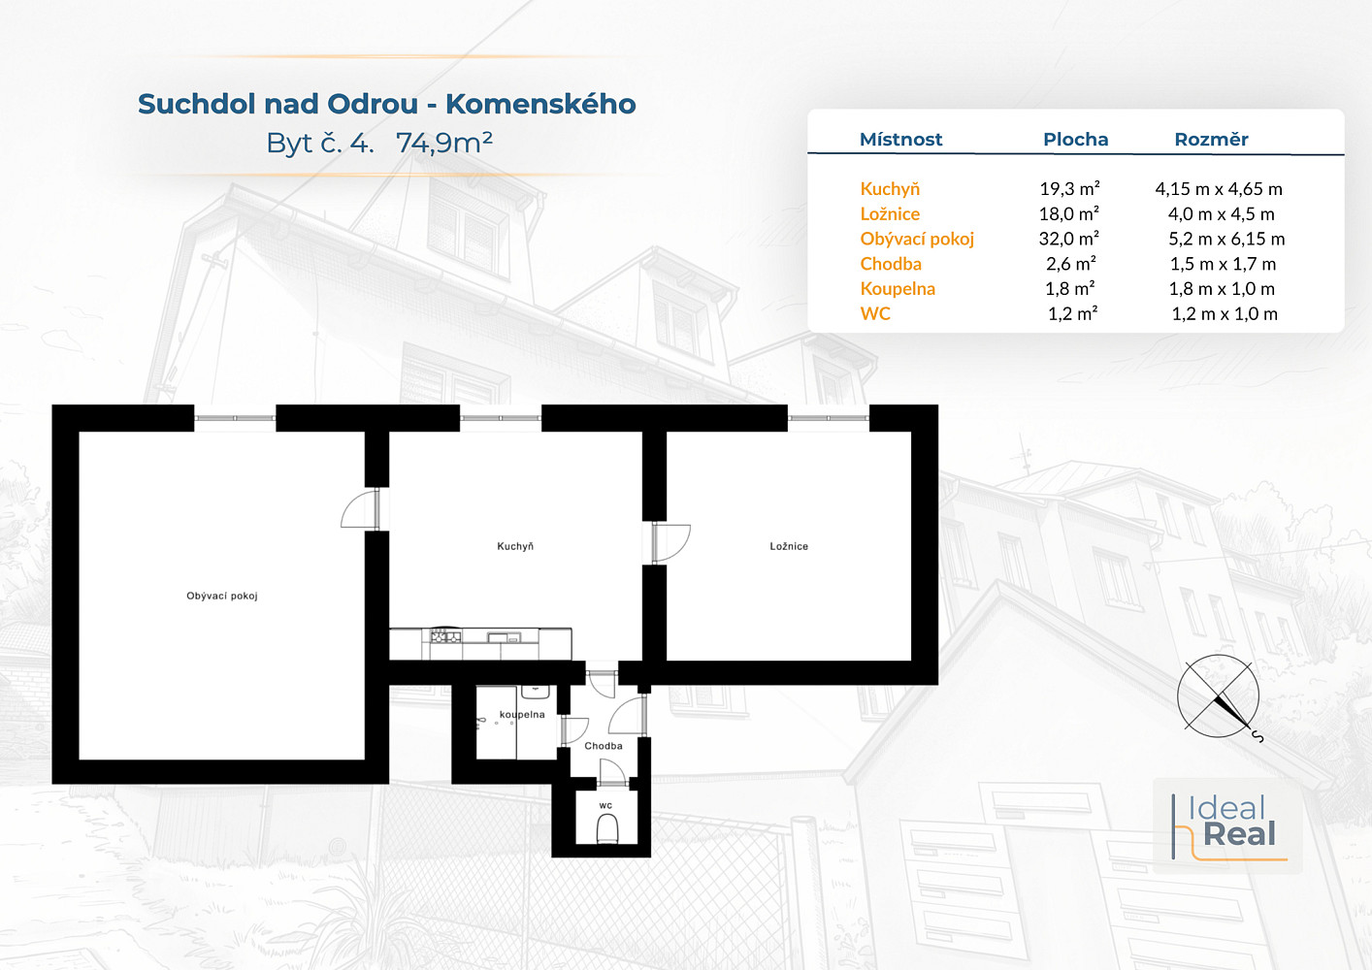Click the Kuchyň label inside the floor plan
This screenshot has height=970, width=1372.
point(515,546)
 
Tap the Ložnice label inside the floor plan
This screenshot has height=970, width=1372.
point(789,546)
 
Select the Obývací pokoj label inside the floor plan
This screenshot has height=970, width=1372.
point(222,596)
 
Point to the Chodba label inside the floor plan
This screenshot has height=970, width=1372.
point(604,746)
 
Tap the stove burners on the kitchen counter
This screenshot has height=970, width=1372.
point(446,637)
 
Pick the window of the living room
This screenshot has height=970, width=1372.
point(235,418)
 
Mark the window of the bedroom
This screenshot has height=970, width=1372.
point(829,418)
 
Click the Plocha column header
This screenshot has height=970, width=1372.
point(1075,140)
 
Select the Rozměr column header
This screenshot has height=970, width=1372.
point(1211,140)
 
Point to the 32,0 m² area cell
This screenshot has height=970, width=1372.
point(1069,239)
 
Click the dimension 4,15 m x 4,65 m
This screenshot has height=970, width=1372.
point(1219,188)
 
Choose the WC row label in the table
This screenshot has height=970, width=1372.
point(875,313)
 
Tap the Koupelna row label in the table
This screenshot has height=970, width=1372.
point(898,289)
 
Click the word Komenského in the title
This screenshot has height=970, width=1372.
point(540,104)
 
